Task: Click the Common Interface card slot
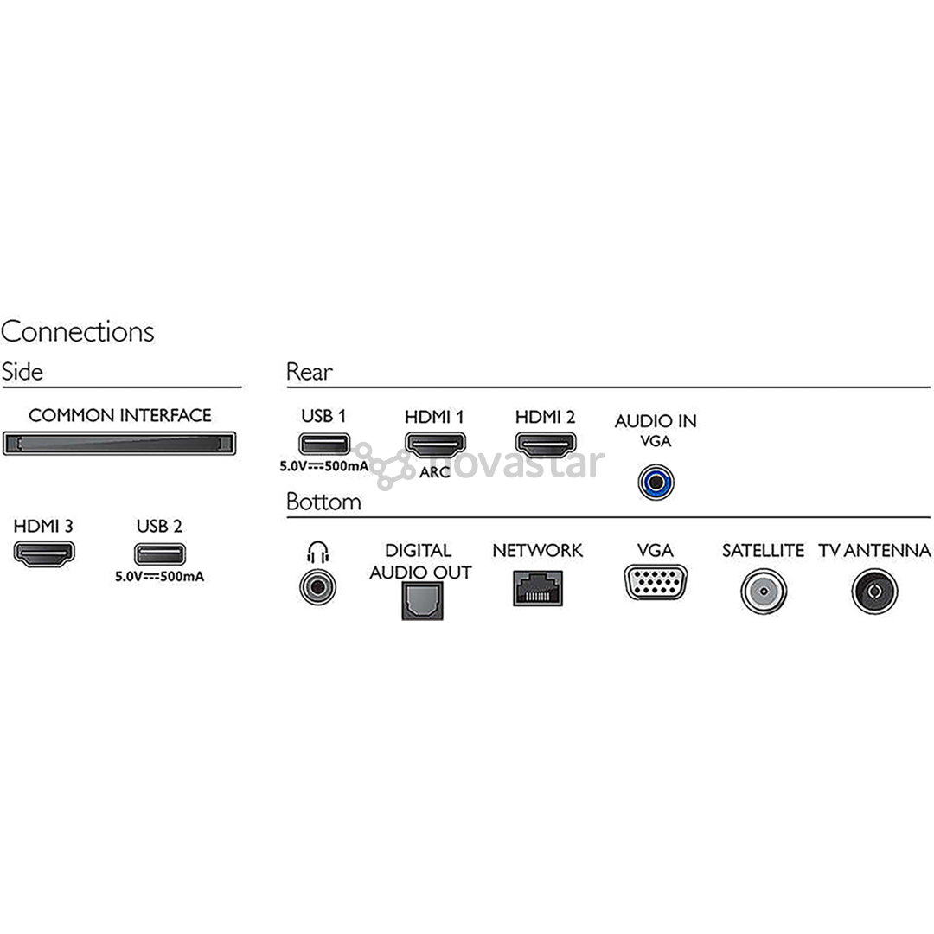[119, 444]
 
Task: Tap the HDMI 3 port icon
[44, 554]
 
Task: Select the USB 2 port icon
[160, 554]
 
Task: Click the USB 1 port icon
[324, 445]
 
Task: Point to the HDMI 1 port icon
[435, 445]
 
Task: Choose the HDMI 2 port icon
[546, 445]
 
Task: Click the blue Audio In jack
[656, 483]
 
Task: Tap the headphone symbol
[318, 552]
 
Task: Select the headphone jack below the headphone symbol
[317, 587]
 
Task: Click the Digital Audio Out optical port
[422, 600]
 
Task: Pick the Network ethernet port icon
[538, 588]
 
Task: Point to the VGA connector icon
[656, 583]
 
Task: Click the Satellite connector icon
[764, 592]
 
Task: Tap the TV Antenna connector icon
[874, 592]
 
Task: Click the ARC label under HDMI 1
[435, 472]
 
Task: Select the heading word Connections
[78, 332]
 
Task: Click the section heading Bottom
[323, 502]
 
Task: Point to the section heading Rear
[309, 372]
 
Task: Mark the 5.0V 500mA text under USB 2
[160, 577]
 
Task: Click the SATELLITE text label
[763, 550]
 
